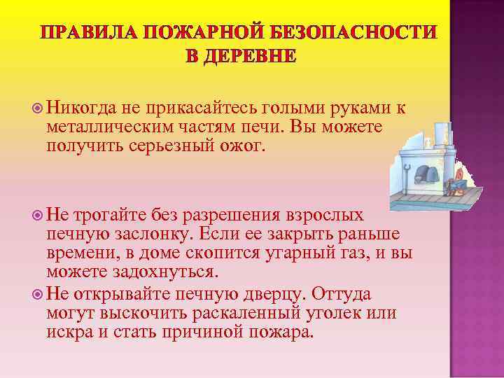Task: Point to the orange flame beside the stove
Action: tap(461, 173)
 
